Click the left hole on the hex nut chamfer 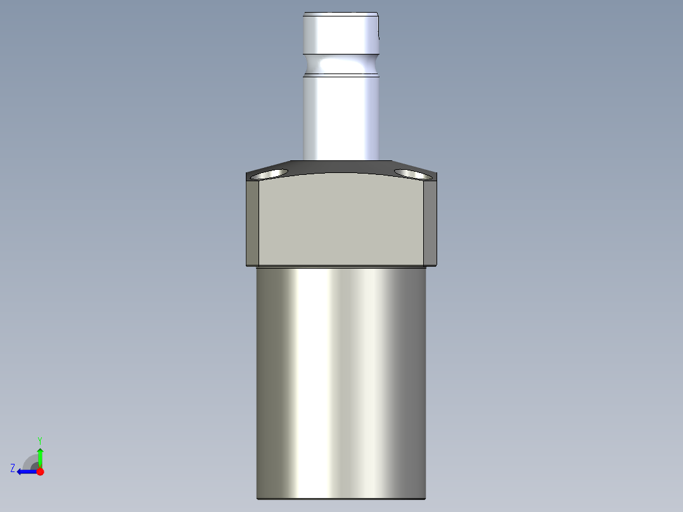[x=271, y=174]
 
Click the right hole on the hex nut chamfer [x=410, y=173]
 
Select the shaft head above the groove [x=340, y=35]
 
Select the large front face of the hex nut [x=341, y=222]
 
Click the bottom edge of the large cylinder [x=341, y=498]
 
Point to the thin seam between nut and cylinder [x=341, y=266]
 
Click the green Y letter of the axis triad [x=39, y=439]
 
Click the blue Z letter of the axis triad [x=13, y=468]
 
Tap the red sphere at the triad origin [x=40, y=471]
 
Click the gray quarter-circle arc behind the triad [x=29, y=460]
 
